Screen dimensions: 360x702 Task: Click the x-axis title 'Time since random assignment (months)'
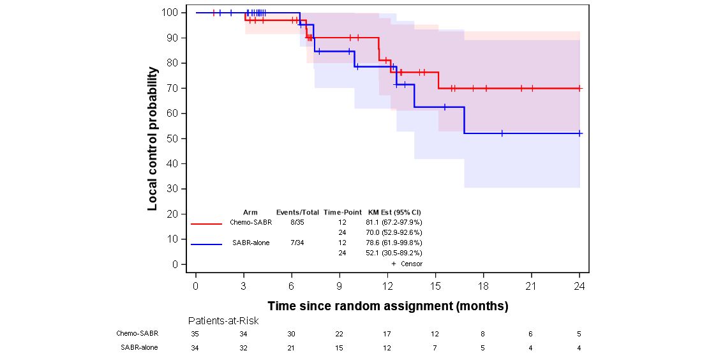(387, 306)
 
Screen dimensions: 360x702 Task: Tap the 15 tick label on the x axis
(435, 286)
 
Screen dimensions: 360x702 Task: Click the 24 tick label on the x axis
(579, 286)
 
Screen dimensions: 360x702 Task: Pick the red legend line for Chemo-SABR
(206, 223)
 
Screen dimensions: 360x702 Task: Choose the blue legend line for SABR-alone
(206, 244)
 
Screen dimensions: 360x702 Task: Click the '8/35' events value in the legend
(297, 222)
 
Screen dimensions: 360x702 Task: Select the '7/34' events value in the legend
(297, 243)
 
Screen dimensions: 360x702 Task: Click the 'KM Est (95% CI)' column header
(394, 212)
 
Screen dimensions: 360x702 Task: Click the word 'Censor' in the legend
(412, 264)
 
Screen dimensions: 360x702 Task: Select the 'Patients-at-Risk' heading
(223, 320)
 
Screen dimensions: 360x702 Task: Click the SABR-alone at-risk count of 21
(291, 348)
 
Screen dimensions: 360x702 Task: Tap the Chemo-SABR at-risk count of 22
(339, 334)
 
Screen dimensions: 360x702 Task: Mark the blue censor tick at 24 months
(579, 133)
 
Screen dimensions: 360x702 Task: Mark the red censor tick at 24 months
(579, 88)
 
